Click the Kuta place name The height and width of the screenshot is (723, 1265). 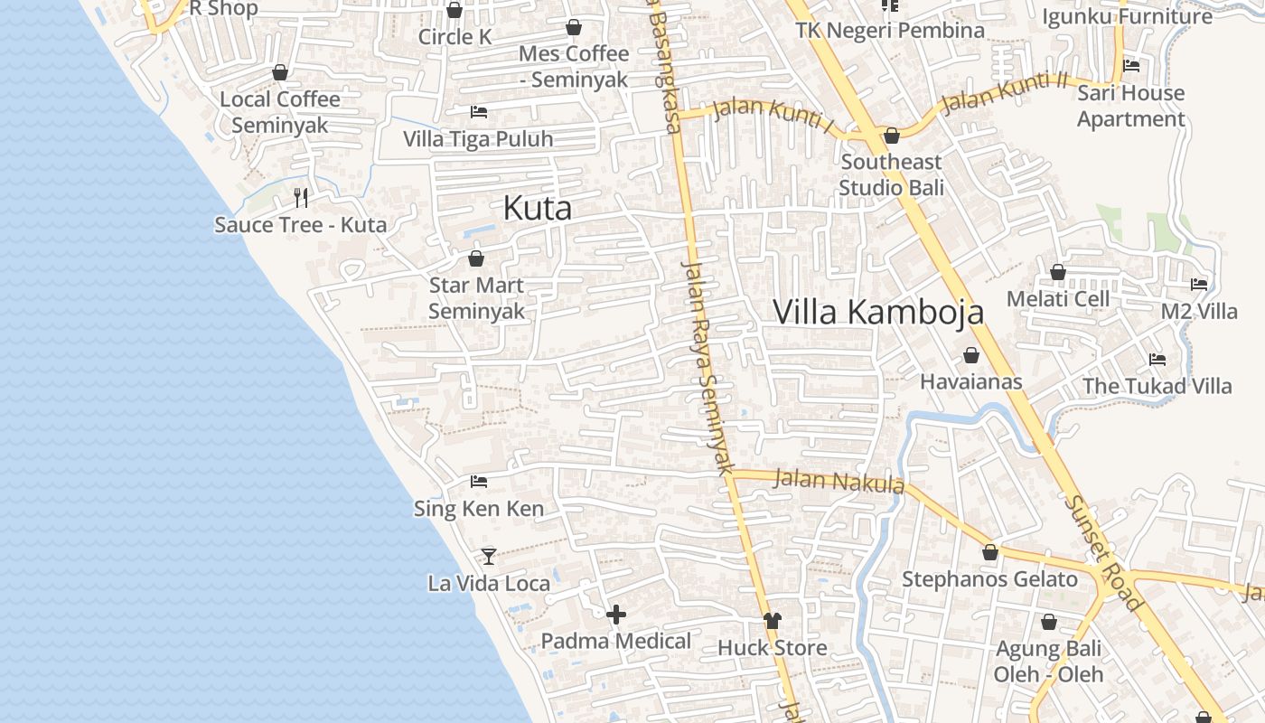538,209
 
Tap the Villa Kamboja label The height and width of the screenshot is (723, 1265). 878,313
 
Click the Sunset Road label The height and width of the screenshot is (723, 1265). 1103,552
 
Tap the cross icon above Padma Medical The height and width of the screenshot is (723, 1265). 616,615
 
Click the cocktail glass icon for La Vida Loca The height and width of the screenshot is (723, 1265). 489,556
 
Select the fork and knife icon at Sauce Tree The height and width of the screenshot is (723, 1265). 301,197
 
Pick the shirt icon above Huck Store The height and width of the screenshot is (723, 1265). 772,620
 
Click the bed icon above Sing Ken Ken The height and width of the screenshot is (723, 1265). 479,482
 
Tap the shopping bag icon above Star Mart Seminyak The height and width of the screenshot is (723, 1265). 476,258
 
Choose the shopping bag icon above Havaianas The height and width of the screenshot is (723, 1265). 971,355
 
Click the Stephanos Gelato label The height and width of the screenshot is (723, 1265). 989,579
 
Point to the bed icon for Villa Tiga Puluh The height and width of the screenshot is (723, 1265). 479,112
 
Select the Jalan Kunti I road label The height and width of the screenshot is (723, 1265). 773,115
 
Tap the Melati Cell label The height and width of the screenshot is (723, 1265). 1058,299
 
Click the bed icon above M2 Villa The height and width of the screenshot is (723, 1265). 1199,284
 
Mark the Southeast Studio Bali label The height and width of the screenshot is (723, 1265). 891,174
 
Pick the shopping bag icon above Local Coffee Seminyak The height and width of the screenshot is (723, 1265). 280,72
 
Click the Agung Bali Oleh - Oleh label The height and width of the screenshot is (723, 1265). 1048,662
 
